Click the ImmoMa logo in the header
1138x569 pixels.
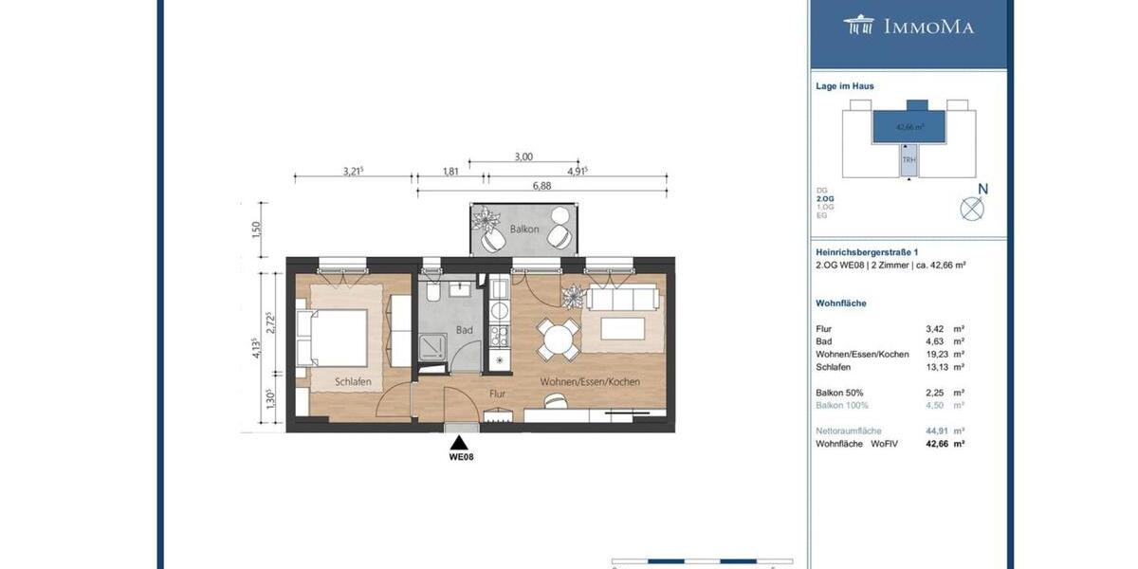909,26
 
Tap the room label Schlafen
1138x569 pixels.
352,381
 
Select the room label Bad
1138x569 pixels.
464,330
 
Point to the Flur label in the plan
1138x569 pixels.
498,392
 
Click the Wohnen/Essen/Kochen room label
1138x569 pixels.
590,381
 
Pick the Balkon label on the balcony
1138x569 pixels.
524,229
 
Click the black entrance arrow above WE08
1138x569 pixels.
460,442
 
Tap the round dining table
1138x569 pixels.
559,339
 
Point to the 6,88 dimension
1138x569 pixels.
541,186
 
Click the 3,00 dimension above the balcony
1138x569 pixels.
523,157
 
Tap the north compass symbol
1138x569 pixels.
972,208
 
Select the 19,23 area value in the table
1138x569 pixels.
937,354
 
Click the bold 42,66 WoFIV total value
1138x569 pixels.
937,443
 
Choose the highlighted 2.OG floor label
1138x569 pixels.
824,198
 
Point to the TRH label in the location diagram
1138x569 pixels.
909,159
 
